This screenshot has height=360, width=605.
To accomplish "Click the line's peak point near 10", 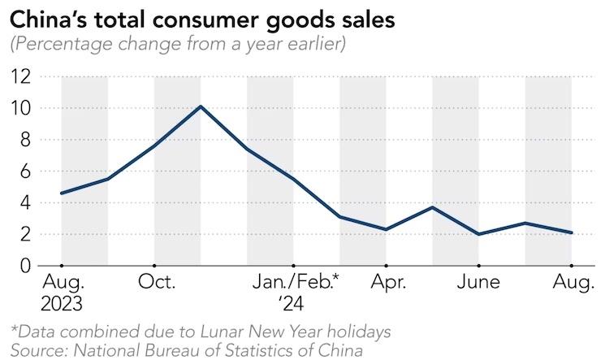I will tap(201, 106).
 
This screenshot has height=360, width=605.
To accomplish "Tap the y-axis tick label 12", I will tap(22, 76).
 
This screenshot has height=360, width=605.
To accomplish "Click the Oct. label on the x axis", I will tap(154, 283).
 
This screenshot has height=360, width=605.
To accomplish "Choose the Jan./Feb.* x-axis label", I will tap(295, 283).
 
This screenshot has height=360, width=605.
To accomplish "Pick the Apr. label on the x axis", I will tap(386, 283).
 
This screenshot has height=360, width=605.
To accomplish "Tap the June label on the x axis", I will tap(478, 283).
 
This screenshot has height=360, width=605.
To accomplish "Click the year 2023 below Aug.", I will tap(62, 304).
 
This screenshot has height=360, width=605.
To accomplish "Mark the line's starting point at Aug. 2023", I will tap(62, 193).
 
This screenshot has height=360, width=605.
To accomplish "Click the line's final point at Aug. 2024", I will tap(572, 232).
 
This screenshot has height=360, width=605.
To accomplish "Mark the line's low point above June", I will tap(479, 234).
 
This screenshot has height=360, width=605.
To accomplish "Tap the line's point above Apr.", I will tap(386, 229).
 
